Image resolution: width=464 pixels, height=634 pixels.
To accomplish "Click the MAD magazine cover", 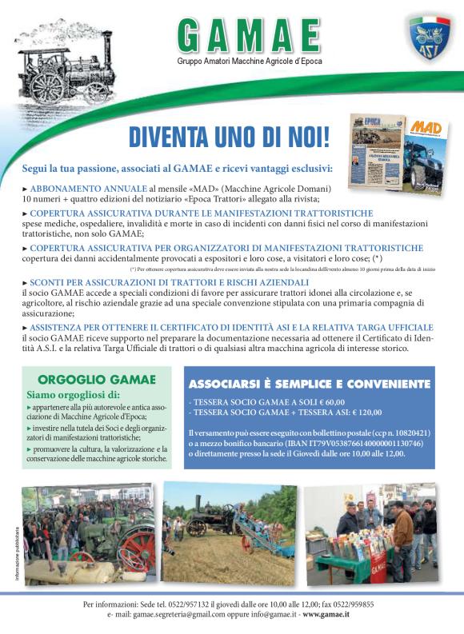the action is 427,150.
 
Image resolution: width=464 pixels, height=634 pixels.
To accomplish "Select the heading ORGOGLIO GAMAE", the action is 88,380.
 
